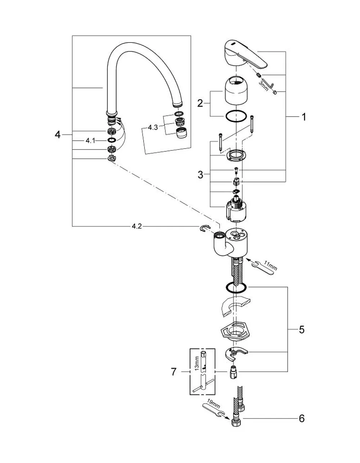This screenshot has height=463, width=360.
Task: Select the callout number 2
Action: (x=200, y=103)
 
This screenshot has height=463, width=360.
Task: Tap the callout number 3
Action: (x=201, y=175)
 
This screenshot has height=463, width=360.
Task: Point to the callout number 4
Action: (x=58, y=135)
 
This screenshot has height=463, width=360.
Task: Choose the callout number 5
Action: (x=302, y=330)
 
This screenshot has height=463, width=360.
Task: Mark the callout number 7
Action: (x=174, y=372)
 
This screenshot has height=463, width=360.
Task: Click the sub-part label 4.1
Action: (x=90, y=141)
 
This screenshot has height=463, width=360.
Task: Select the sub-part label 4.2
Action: (x=137, y=226)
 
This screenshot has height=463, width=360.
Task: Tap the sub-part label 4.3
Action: (x=153, y=127)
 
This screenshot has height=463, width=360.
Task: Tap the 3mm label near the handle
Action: (x=264, y=85)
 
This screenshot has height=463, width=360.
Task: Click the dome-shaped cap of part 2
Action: (x=236, y=90)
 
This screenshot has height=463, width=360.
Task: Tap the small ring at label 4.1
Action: (x=112, y=140)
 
